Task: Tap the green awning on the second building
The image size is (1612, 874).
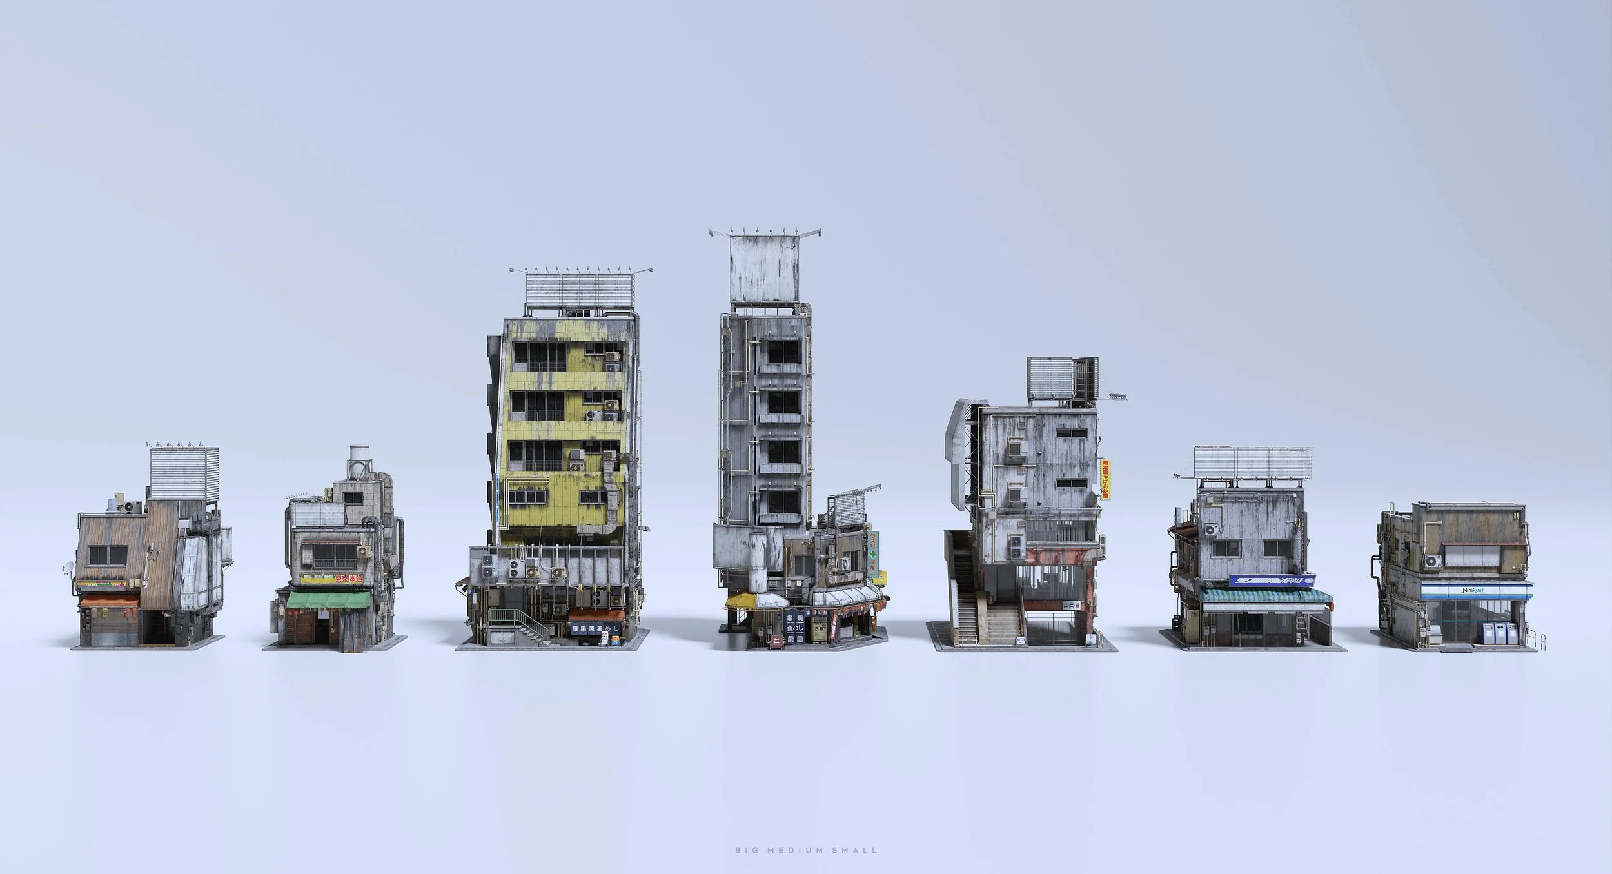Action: [x=329, y=601]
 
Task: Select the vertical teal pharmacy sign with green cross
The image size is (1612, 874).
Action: [x=874, y=554]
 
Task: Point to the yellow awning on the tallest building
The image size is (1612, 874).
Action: [x=741, y=601]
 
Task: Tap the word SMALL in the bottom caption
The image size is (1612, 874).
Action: [x=858, y=850]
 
